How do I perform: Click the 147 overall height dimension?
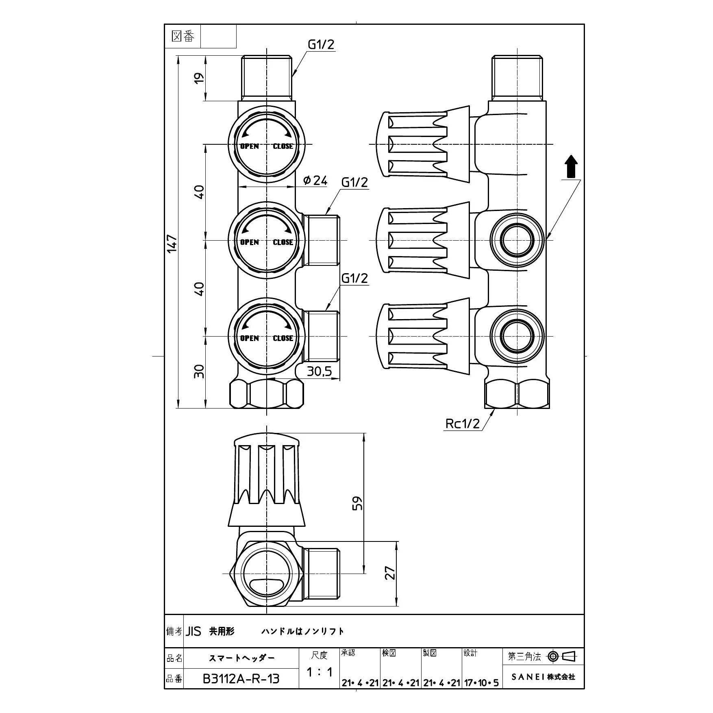coord(172,243)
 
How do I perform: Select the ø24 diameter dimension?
coord(315,180)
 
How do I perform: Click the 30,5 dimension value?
coord(320,371)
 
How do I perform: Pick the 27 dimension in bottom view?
coord(390,573)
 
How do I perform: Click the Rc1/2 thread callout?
coord(463,424)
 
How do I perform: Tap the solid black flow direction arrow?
coord(571,166)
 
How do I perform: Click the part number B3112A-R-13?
coord(241,679)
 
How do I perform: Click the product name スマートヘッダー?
coord(241,658)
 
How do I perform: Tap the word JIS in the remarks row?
coord(194,632)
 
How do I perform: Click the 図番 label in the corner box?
coord(183,37)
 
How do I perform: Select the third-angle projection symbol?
coord(563,656)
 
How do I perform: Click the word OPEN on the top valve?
coord(249,146)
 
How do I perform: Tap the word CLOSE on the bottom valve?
coord(283,338)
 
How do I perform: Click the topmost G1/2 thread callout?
coord(321,44)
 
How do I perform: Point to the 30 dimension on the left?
coord(199,371)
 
